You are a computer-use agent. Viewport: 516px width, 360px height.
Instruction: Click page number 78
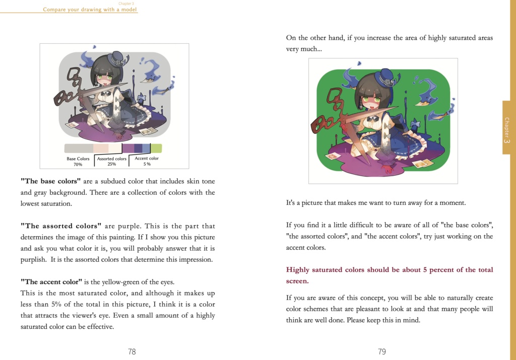click(x=132, y=351)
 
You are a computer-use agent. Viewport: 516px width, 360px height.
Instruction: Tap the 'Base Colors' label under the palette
click(x=78, y=159)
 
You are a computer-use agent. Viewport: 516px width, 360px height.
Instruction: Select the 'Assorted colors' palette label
click(x=112, y=159)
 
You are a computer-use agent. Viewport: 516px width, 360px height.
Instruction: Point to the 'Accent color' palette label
click(x=147, y=158)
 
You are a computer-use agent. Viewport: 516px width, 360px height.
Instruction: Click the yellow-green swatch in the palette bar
click(x=156, y=148)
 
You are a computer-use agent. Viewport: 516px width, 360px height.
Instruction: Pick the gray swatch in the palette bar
click(x=79, y=148)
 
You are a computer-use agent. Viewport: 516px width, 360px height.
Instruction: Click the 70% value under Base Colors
click(x=78, y=165)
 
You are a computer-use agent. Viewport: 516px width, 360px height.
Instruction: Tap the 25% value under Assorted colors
click(x=112, y=164)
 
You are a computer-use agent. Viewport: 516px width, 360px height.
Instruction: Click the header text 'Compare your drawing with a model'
click(x=90, y=10)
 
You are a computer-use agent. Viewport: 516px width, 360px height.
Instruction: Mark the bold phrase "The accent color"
click(x=51, y=281)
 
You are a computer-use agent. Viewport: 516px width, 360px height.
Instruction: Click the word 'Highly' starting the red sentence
click(x=298, y=270)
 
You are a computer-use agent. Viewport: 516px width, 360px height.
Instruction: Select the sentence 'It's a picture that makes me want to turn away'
click(x=376, y=203)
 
